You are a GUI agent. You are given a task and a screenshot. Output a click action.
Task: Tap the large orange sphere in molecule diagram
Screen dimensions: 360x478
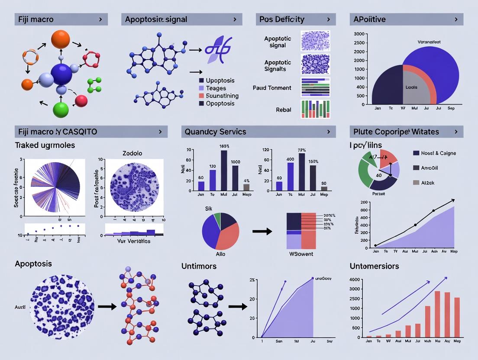coord(60,39)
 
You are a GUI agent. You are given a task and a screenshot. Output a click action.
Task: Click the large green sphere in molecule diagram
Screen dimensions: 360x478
coord(61,109)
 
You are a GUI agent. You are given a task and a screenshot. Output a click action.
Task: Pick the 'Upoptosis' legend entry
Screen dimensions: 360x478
coord(220,80)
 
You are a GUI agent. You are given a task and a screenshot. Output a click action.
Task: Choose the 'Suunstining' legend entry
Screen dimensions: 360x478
coord(222,96)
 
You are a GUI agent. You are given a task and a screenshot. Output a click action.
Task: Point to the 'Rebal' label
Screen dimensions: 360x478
coord(283,110)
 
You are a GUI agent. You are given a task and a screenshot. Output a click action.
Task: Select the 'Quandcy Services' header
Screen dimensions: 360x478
coord(215,132)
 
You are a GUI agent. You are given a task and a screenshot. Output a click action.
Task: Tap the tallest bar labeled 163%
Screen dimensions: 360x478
coord(224,170)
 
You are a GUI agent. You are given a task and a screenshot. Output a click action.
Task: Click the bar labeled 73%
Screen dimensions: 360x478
coord(302,172)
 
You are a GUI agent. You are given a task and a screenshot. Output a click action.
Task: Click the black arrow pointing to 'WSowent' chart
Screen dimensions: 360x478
coord(262,231)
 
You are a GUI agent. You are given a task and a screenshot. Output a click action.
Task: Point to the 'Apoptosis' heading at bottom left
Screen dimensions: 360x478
coord(33,264)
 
